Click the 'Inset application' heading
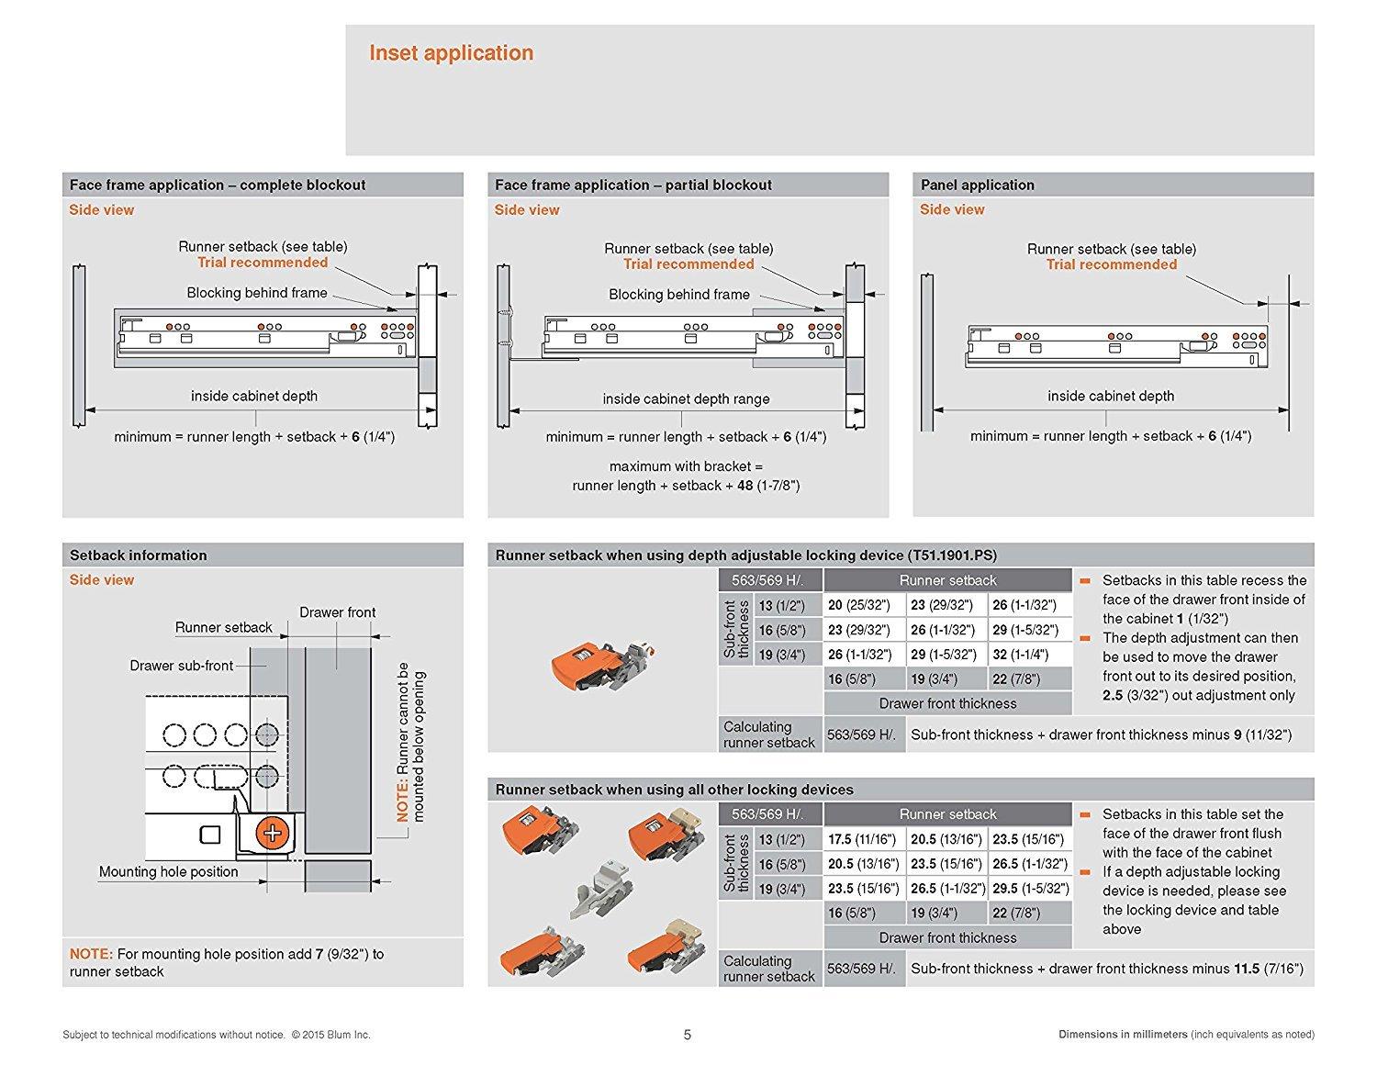(x=451, y=53)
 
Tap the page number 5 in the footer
(x=688, y=1035)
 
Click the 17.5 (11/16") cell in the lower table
(x=864, y=839)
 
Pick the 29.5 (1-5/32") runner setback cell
(x=1031, y=889)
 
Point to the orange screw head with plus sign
(x=272, y=833)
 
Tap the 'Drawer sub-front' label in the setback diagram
(x=182, y=666)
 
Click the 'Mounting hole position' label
(x=169, y=871)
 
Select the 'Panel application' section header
(x=978, y=185)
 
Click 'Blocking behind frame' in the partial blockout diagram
(x=679, y=295)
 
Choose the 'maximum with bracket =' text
(x=686, y=466)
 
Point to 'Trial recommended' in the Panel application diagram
(x=1111, y=264)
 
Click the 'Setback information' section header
(x=139, y=555)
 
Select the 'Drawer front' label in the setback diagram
(x=337, y=612)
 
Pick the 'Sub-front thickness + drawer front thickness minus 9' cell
(x=1101, y=734)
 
